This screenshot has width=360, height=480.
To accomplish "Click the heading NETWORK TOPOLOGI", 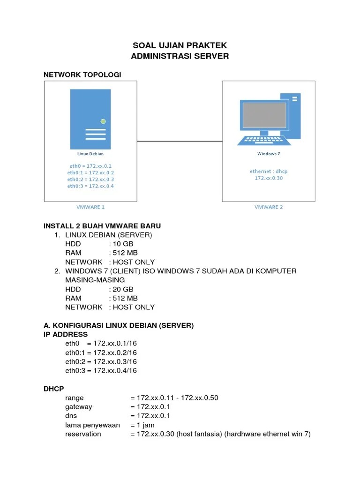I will (82, 75).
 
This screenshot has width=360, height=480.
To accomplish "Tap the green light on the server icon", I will (103, 121).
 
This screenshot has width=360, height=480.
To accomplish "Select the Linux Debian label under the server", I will (90, 154).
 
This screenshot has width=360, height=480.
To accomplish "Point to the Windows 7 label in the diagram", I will (269, 154).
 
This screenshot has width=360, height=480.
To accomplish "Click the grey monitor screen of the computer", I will (264, 115).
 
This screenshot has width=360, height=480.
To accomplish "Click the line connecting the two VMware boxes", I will (180, 141).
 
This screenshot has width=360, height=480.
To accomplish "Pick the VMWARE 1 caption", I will (90, 207).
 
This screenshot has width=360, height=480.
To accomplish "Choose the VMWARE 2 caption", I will (269, 207).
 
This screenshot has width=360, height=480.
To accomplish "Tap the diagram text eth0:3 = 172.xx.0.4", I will (90, 186).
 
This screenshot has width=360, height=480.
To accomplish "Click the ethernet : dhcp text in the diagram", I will (269, 172).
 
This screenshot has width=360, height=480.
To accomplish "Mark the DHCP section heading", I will (54, 389).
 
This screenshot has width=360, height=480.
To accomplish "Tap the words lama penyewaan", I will (93, 425).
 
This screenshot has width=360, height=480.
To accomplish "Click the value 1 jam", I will (145, 425).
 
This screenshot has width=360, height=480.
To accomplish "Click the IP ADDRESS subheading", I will (66, 334).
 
